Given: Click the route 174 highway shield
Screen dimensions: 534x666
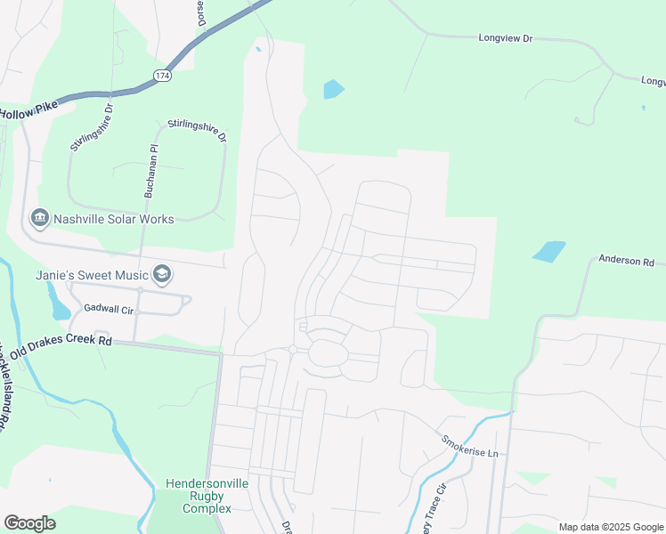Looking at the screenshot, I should tap(161, 77).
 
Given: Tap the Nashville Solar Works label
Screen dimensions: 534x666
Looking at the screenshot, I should tap(114, 219).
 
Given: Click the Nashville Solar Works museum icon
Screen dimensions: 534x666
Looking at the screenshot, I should tap(39, 218).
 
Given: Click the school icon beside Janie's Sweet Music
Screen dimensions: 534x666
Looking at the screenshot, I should tap(161, 274).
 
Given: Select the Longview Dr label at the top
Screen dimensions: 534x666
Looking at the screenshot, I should tap(505, 39).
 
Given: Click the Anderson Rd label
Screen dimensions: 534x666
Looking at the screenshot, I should tap(626, 262).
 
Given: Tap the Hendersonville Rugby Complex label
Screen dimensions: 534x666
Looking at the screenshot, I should tap(207, 496).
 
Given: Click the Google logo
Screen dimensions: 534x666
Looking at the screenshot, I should tap(29, 523).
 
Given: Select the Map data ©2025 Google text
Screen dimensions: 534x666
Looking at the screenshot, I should tap(610, 527).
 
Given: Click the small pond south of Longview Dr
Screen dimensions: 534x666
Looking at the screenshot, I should tap(334, 89).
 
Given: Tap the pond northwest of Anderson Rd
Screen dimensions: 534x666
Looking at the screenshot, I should tap(549, 251).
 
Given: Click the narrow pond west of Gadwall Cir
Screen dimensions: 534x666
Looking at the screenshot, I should tap(60, 305).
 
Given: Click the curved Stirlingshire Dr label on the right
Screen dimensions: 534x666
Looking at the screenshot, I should tap(198, 132).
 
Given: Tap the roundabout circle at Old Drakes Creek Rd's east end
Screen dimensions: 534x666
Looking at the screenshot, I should tap(293, 350).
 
